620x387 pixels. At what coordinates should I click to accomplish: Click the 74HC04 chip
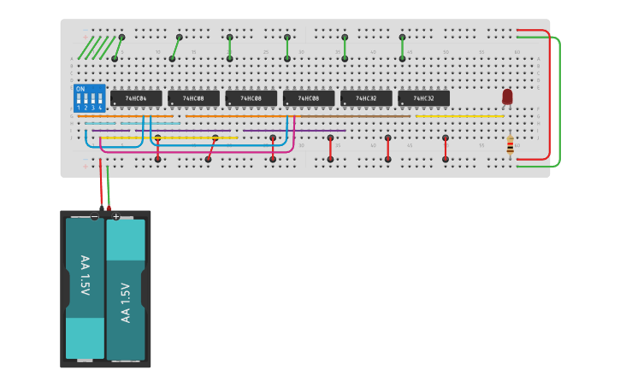click(136, 98)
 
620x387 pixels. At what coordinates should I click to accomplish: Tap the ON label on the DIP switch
click(80, 89)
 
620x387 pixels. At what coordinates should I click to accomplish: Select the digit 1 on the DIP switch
click(79, 108)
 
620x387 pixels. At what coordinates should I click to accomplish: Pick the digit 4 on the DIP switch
click(101, 108)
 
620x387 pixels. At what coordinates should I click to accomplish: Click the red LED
click(507, 97)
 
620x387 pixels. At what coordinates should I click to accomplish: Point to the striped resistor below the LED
click(511, 146)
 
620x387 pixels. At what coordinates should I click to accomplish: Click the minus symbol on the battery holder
click(94, 216)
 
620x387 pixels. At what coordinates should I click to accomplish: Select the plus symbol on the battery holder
click(116, 216)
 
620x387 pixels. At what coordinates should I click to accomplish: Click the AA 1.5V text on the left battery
click(85, 275)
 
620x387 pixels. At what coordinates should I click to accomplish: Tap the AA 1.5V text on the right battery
click(126, 302)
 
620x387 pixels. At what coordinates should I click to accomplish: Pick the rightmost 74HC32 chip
click(423, 98)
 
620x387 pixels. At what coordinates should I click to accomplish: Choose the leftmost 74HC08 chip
click(193, 98)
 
